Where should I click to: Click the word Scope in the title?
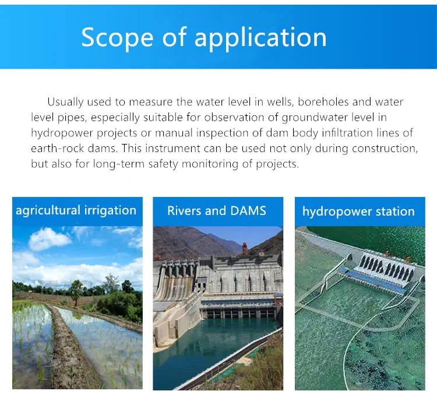pos(117,38)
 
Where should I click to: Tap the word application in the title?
pos(260,38)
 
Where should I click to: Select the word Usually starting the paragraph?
pos(65,102)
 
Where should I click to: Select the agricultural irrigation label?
pos(76,210)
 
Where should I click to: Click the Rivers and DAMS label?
pos(217,211)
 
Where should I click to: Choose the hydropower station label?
pos(359,212)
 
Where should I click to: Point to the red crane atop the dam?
pos(245,248)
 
